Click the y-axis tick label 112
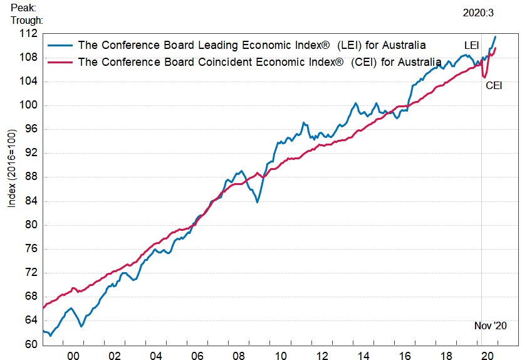[x=29, y=34]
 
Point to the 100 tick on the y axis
[x=29, y=105]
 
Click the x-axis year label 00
[x=73, y=356]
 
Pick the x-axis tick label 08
[x=238, y=356]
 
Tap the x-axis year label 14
[x=362, y=356]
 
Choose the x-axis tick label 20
[x=486, y=356]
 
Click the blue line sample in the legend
[x=60, y=45]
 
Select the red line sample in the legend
[x=60, y=61]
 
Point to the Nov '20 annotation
[x=490, y=326]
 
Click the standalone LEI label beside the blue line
[x=472, y=46]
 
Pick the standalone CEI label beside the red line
[x=494, y=85]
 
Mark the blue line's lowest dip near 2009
[x=257, y=201]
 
